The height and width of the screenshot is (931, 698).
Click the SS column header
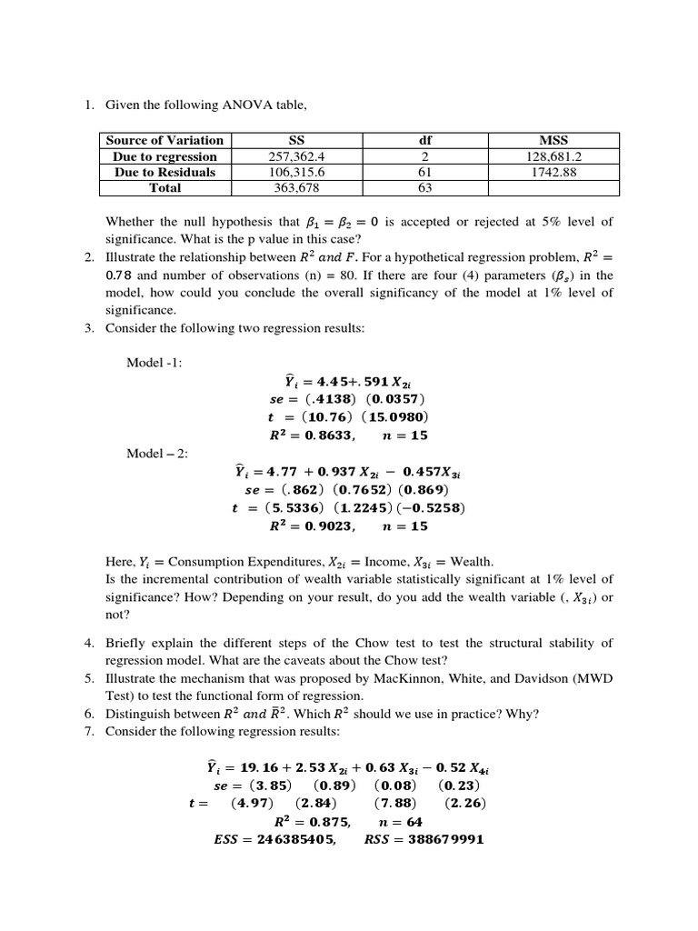pos(296,140)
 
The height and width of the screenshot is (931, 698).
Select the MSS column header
pos(553,140)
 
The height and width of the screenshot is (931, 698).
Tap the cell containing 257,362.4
pos(296,156)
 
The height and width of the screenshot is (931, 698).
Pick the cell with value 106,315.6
pos(296,172)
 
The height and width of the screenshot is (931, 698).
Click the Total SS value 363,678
pos(296,188)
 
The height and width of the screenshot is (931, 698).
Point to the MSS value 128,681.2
pos(553,156)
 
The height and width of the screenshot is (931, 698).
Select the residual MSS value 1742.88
pos(553,172)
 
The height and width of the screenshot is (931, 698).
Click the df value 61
pos(424,172)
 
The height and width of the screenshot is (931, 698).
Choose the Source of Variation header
pos(165,140)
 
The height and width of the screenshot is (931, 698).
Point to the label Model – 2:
pos(157,453)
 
